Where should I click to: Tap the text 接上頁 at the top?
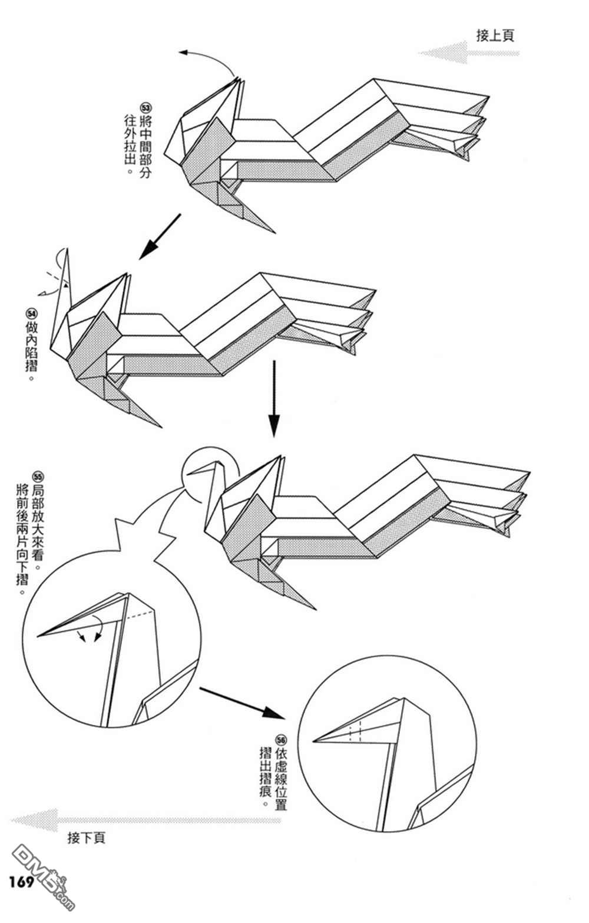495,35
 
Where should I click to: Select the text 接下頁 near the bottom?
87,838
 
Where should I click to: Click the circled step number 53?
144,108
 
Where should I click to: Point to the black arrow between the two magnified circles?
242,702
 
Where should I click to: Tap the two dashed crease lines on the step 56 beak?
355,731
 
